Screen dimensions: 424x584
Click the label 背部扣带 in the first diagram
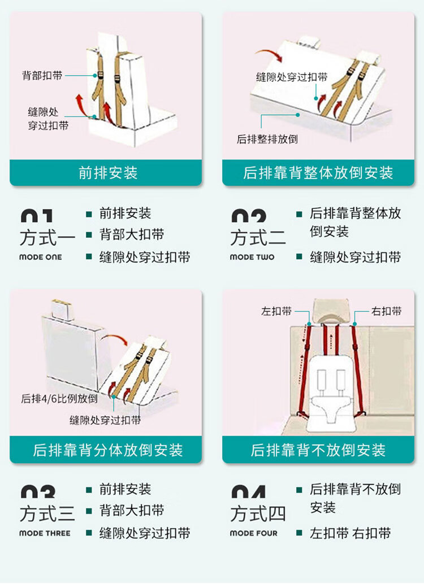click(42, 75)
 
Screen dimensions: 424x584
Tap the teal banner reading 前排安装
click(106, 173)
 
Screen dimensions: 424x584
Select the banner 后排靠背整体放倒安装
click(318, 173)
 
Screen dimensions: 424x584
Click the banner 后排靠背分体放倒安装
click(106, 450)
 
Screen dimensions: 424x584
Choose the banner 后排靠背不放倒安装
click(318, 450)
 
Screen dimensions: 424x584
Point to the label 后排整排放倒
click(267, 139)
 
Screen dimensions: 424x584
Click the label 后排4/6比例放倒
click(59, 399)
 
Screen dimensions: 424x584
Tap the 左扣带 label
click(276, 311)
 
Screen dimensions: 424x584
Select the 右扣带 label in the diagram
click(386, 311)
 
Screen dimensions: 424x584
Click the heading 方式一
click(47, 238)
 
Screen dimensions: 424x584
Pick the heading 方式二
click(258, 238)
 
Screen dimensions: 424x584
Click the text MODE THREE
click(45, 533)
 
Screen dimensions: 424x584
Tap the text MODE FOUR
click(254, 533)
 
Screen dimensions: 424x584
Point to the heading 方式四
click(258, 513)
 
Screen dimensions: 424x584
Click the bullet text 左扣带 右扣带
click(350, 533)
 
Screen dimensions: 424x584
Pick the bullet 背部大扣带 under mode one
click(132, 234)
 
